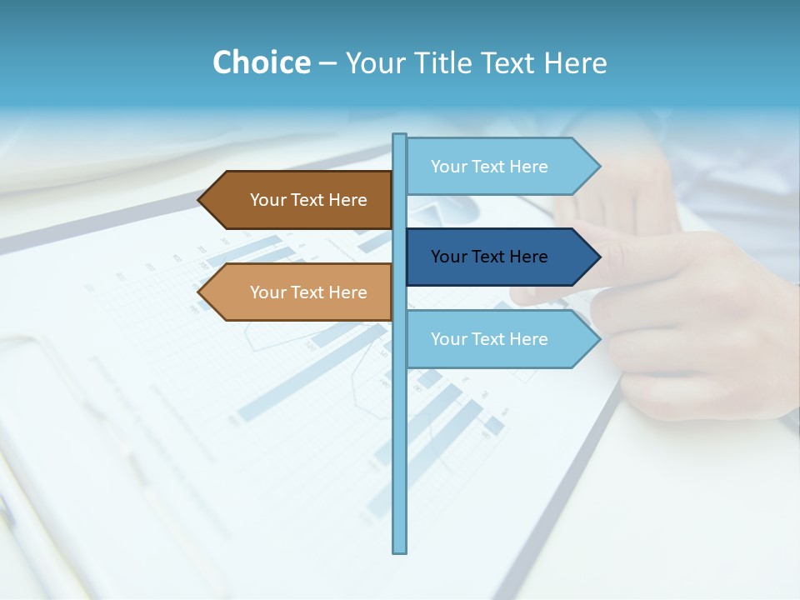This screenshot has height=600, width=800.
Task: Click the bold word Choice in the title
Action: (261, 62)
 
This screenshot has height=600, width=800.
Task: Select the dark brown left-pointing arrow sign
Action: (300, 200)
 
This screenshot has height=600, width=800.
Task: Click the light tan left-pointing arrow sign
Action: (300, 292)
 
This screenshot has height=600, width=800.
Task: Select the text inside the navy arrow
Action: (489, 257)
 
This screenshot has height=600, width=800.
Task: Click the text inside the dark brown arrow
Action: (308, 200)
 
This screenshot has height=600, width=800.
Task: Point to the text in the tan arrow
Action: (308, 292)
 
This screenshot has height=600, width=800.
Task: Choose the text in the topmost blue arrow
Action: (489, 167)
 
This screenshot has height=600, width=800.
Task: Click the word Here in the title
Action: (575, 62)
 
